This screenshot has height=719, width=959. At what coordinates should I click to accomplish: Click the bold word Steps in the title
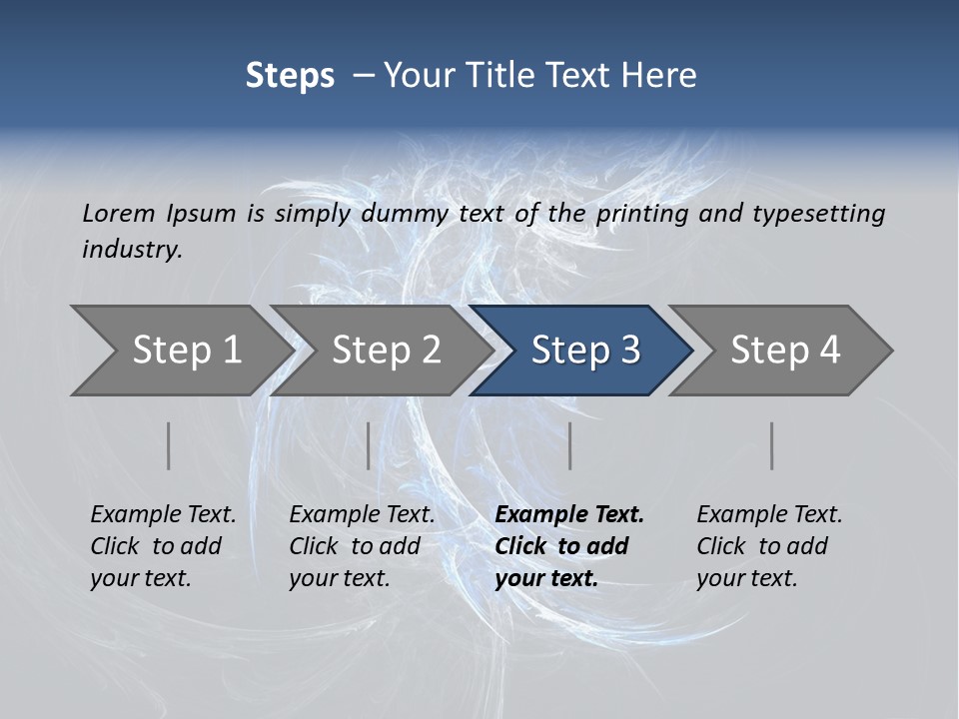[x=290, y=75]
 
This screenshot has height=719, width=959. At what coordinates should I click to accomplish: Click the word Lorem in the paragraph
[x=118, y=213]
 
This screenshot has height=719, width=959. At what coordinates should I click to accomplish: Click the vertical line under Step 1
[x=168, y=445]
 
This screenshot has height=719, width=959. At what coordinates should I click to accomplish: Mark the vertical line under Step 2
[x=369, y=445]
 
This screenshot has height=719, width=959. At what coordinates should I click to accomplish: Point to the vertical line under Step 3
[x=569, y=445]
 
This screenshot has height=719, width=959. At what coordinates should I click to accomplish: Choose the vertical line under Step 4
[x=771, y=445]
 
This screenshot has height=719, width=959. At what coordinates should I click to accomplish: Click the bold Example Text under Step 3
[x=569, y=514]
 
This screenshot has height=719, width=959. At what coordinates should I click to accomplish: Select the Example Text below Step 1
[x=163, y=514]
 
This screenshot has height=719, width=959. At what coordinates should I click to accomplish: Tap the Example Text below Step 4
[x=769, y=514]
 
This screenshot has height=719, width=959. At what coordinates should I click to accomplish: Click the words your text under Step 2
[x=339, y=578]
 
